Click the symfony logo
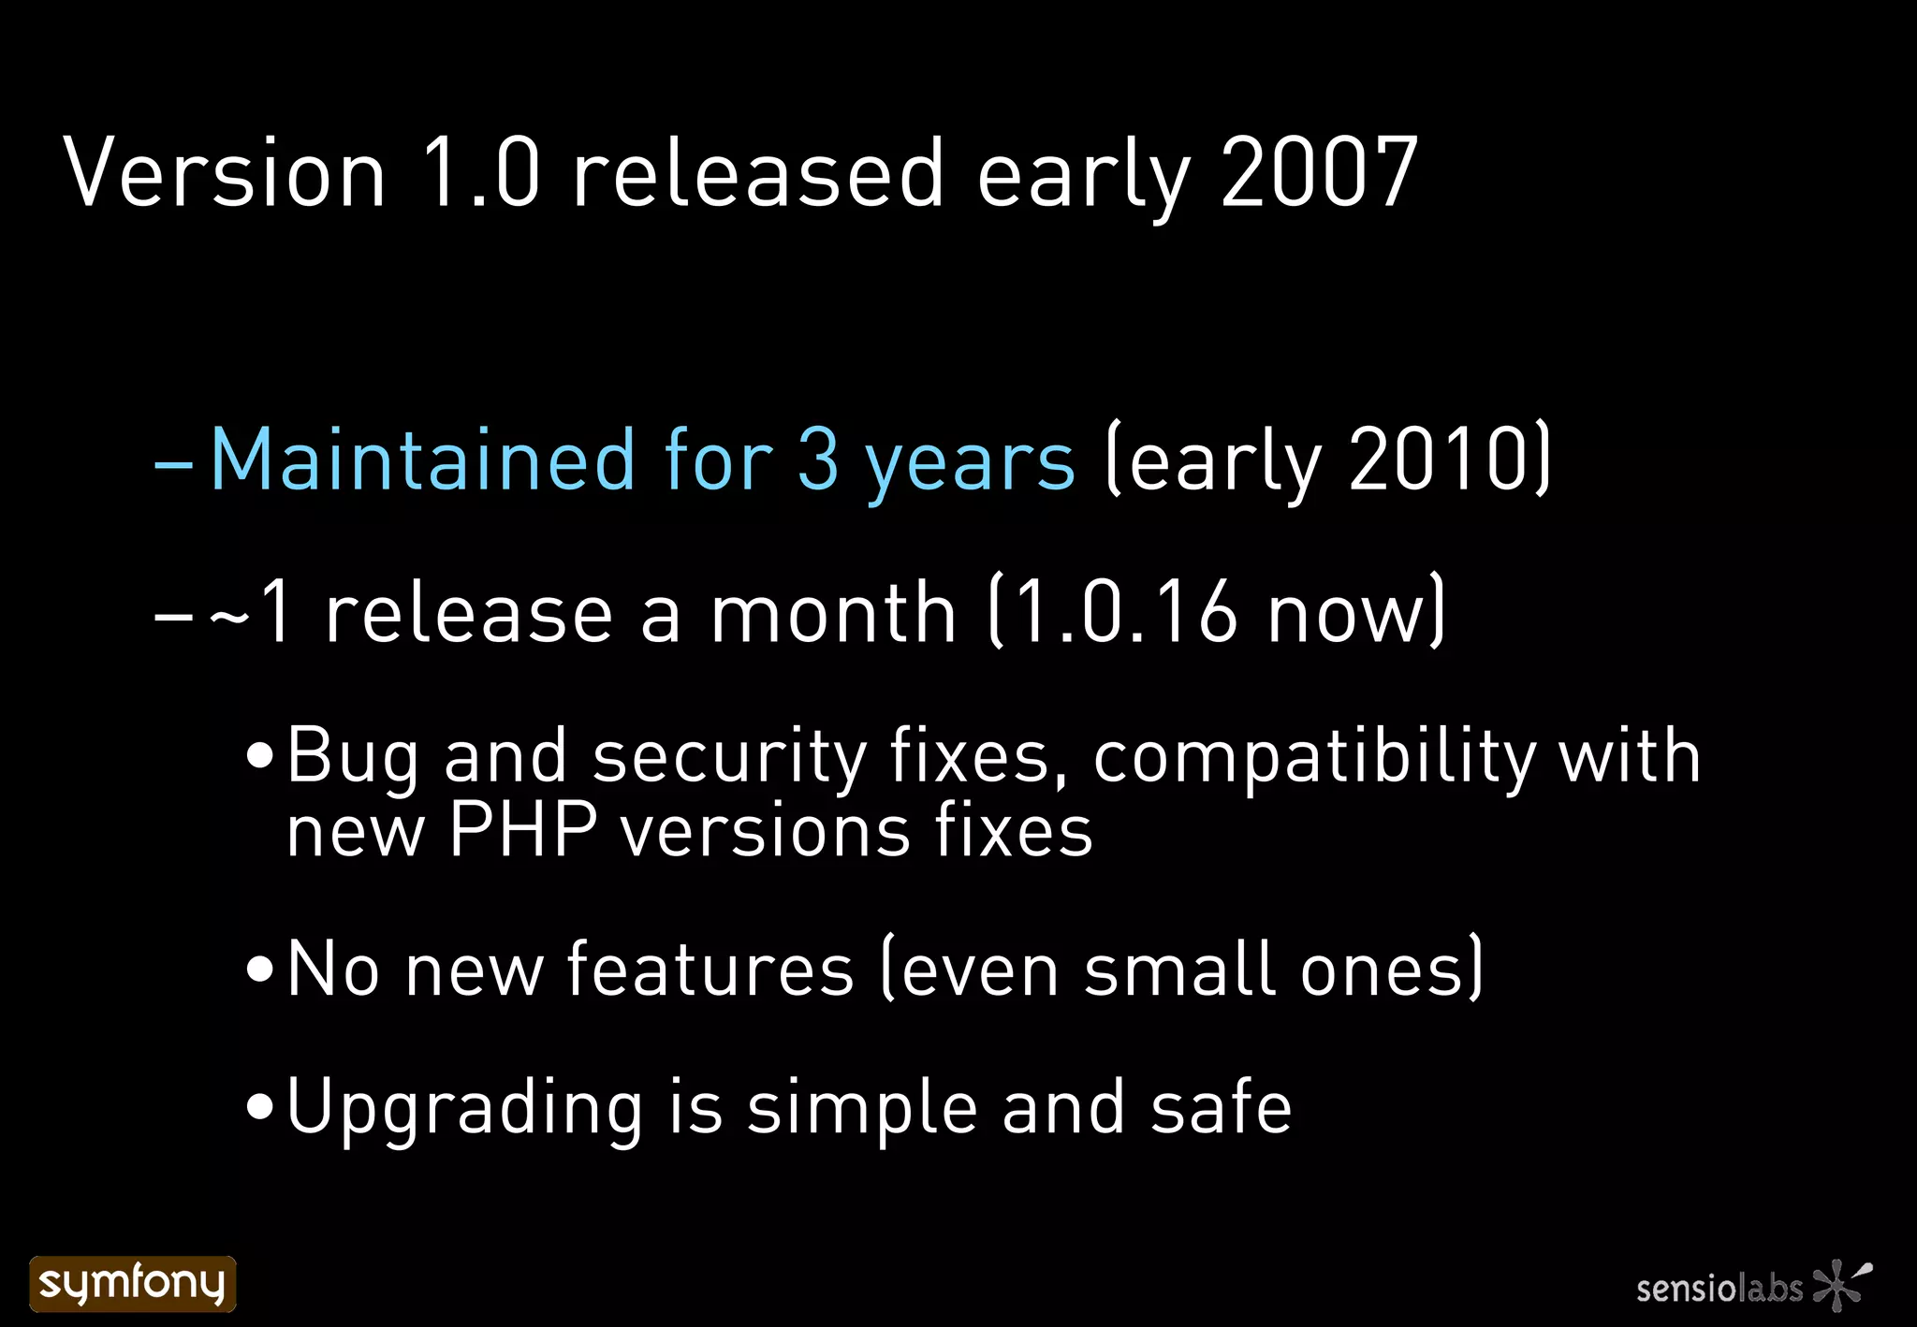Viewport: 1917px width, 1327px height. pos(132,1283)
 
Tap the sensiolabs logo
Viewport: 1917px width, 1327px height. pos(1752,1286)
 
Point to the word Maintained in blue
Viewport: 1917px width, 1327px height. pos(422,459)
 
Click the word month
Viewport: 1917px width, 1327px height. pos(833,613)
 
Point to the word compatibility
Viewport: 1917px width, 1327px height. pos(1314,756)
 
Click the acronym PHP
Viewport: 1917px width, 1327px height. pos(522,830)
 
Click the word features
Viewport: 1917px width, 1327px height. pos(710,970)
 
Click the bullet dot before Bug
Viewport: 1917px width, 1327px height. pos(259,756)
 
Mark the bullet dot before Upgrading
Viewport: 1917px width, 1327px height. pos(259,1108)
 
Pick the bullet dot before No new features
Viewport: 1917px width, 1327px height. pos(259,970)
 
